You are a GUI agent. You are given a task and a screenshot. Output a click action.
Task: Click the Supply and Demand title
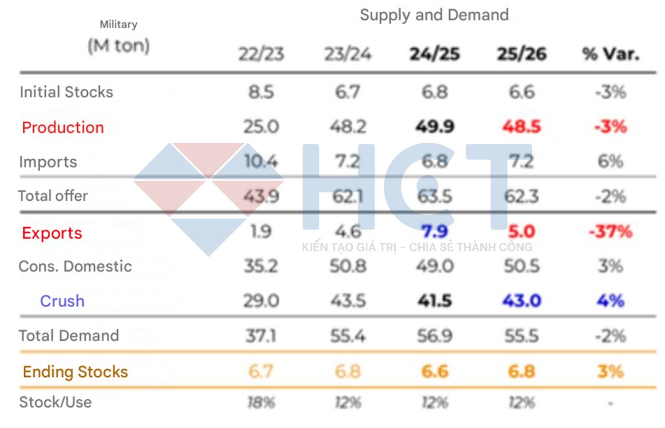pyautogui.click(x=434, y=15)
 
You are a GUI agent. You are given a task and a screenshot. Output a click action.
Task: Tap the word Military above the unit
pyautogui.click(x=118, y=25)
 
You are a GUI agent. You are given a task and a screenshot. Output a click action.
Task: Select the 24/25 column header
pyautogui.click(x=435, y=54)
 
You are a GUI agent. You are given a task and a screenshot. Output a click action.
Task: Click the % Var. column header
pyautogui.click(x=610, y=54)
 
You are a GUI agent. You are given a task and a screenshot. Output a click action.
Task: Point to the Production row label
pyautogui.click(x=63, y=127)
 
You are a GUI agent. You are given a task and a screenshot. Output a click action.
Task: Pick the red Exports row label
pyautogui.click(x=52, y=233)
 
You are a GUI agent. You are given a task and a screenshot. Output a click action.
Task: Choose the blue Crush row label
pyautogui.click(x=62, y=301)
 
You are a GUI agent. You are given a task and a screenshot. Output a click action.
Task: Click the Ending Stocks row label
pyautogui.click(x=75, y=372)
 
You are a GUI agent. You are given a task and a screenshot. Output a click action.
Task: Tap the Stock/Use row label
pyautogui.click(x=55, y=402)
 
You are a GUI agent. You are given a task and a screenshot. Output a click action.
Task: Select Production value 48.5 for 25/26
pyautogui.click(x=522, y=127)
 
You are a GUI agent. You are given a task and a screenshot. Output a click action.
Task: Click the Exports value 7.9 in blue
pyautogui.click(x=434, y=231)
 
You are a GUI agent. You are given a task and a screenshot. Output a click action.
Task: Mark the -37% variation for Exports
pyautogui.click(x=610, y=231)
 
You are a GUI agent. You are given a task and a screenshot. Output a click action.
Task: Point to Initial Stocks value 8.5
pyautogui.click(x=261, y=92)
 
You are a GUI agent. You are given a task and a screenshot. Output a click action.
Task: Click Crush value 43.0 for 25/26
pyautogui.click(x=522, y=301)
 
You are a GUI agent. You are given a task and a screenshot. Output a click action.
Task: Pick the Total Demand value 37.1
pyautogui.click(x=261, y=336)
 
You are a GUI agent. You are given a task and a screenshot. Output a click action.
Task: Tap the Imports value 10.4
pyautogui.click(x=261, y=162)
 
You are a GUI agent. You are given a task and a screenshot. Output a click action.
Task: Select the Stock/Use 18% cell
pyautogui.click(x=261, y=403)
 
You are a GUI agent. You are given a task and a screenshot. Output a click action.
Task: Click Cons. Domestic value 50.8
pyautogui.click(x=348, y=266)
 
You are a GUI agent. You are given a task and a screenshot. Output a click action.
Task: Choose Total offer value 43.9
pyautogui.click(x=261, y=196)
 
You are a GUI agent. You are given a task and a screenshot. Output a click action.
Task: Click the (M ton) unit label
pyautogui.click(x=118, y=46)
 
